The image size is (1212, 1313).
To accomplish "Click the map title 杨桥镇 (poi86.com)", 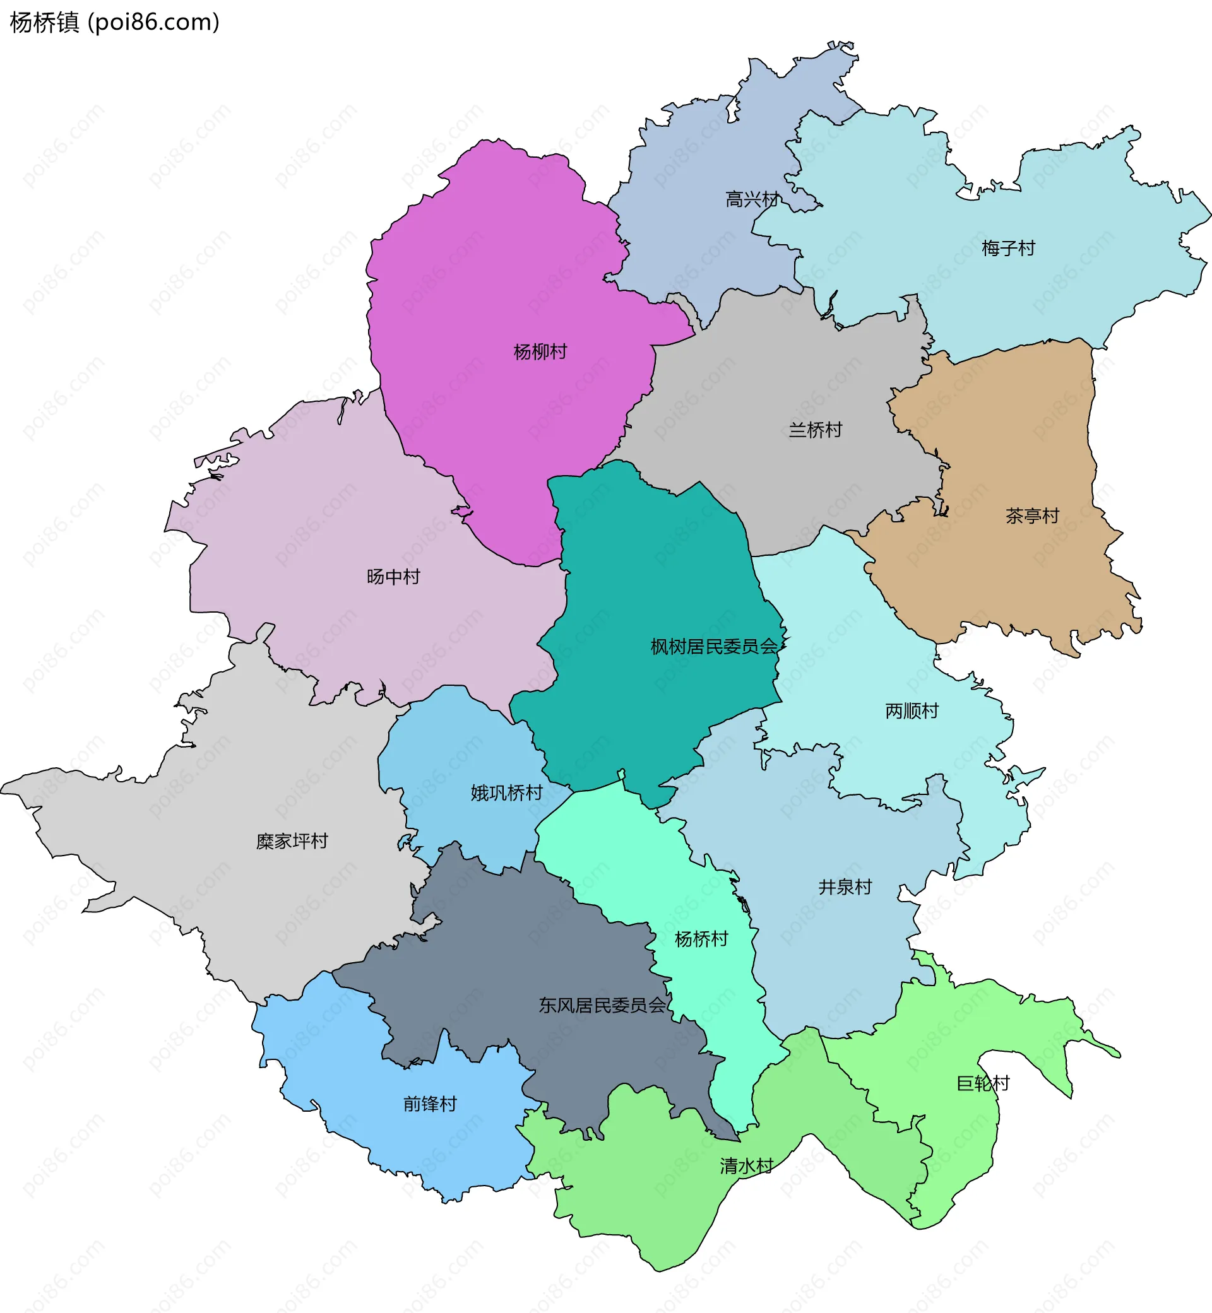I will pyautogui.click(x=115, y=22).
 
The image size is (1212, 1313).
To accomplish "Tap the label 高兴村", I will pyautogui.click(x=752, y=199).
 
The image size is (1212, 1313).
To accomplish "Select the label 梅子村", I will pyautogui.click(x=1008, y=249).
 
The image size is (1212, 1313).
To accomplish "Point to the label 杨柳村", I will pyautogui.click(x=540, y=352).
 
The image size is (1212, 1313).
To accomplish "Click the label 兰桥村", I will pyautogui.click(x=814, y=430).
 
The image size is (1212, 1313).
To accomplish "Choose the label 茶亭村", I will pyautogui.click(x=1031, y=516).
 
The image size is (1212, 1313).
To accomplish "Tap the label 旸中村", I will pyautogui.click(x=393, y=577).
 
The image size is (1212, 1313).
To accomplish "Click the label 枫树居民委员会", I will pyautogui.click(x=713, y=647).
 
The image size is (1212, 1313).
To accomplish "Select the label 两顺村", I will pyautogui.click(x=911, y=710).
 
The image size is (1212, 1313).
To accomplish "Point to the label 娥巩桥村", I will pyautogui.click(x=506, y=793).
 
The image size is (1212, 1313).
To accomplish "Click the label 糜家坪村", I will pyautogui.click(x=292, y=841).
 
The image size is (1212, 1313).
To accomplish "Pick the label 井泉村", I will pyautogui.click(x=845, y=887).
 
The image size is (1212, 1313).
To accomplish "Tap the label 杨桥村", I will pyautogui.click(x=701, y=939).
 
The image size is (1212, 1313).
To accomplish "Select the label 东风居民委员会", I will pyautogui.click(x=602, y=1005).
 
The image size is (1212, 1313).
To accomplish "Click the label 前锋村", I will pyautogui.click(x=430, y=1104).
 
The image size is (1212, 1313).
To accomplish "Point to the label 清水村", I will pyautogui.click(x=746, y=1165).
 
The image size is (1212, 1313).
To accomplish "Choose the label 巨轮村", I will pyautogui.click(x=982, y=1083).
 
